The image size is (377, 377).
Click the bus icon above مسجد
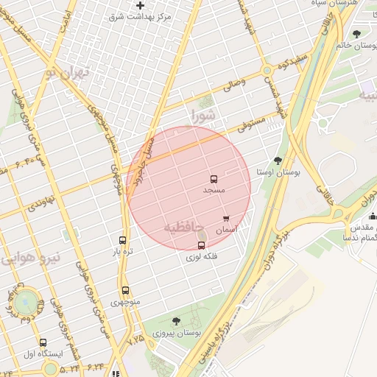coord(214,179)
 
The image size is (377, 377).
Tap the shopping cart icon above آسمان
coord(226,219)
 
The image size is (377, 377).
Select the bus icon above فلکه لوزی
coord(202,245)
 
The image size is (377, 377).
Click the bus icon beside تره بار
coord(122,240)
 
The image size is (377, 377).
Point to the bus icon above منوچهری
coord(125,290)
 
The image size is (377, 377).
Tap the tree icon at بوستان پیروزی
coord(175,321)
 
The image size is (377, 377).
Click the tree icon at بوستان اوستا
coord(278,161)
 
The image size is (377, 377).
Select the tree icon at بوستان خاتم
coord(357,34)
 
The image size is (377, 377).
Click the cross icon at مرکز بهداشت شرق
coord(140,6)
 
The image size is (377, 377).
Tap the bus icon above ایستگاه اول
coord(43,342)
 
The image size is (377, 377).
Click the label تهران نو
coord(66,72)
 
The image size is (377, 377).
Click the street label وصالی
coord(233,85)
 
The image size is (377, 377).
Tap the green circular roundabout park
coord(27,300)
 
